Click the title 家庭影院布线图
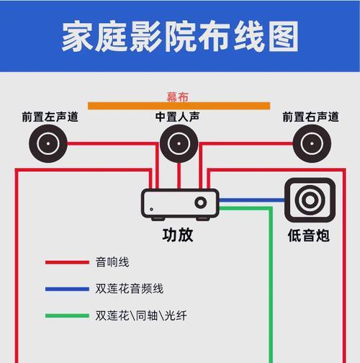pyautogui.click(x=180, y=36)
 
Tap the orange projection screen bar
pyautogui.click(x=179, y=106)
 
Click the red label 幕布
pyautogui.click(x=178, y=97)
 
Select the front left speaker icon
pyautogui.click(x=48, y=143)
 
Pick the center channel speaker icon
pyautogui.click(x=179, y=143)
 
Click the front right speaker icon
pyautogui.click(x=312, y=143)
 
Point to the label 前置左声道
pyautogui.click(x=50, y=117)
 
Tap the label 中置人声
pyautogui.click(x=177, y=117)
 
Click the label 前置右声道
pyautogui.click(x=310, y=117)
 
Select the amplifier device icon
pyautogui.click(x=180, y=205)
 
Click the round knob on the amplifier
pyautogui.click(x=201, y=202)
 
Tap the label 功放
pyautogui.click(x=178, y=235)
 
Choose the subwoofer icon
pyautogui.click(x=310, y=200)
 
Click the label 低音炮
pyautogui.click(x=309, y=236)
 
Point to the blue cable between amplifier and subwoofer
pyautogui.click(x=252, y=200)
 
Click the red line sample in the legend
pyautogui.click(x=67, y=262)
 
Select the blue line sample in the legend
pyautogui.click(x=67, y=289)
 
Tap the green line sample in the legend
pyautogui.click(x=67, y=315)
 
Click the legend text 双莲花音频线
pyautogui.click(x=130, y=289)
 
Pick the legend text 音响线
pyautogui.click(x=112, y=262)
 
